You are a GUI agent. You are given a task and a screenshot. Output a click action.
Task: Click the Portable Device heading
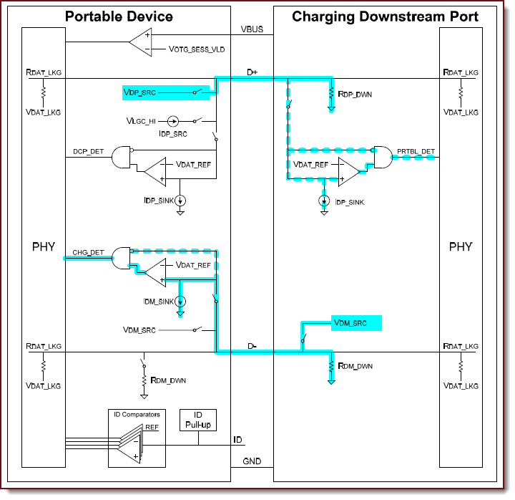(119, 16)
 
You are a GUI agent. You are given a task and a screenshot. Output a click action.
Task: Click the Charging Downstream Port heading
(385, 16)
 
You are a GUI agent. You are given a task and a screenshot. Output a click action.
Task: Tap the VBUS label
(252, 31)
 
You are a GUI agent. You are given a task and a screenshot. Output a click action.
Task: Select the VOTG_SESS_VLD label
(197, 49)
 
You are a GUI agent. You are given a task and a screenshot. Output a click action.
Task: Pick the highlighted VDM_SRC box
(356, 323)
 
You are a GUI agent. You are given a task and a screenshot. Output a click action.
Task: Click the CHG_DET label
(88, 252)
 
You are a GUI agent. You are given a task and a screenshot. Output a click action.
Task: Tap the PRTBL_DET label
(416, 152)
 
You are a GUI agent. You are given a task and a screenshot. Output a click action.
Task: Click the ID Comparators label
(137, 414)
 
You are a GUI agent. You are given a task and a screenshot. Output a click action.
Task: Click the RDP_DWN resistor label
(355, 94)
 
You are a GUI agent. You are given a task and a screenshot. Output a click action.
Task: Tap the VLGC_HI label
(144, 122)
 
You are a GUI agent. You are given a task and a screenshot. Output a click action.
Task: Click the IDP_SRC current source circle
(173, 122)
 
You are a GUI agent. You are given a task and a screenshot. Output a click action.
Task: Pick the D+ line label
(252, 72)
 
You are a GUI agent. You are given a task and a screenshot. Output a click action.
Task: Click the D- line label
(252, 346)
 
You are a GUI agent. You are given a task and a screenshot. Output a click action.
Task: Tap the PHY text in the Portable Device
(43, 247)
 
